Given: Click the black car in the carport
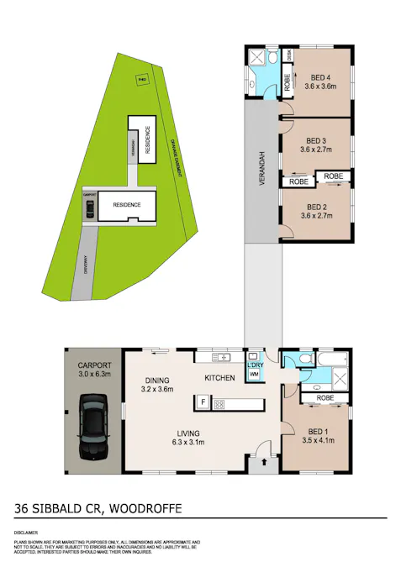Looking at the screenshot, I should [x=92, y=428].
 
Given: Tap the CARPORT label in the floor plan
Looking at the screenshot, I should [x=93, y=365].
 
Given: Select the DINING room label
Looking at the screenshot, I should [x=156, y=380].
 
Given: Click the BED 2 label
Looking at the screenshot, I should [x=316, y=207].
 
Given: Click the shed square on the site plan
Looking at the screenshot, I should [x=141, y=80].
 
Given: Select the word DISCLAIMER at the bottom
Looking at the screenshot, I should [x=26, y=533].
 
